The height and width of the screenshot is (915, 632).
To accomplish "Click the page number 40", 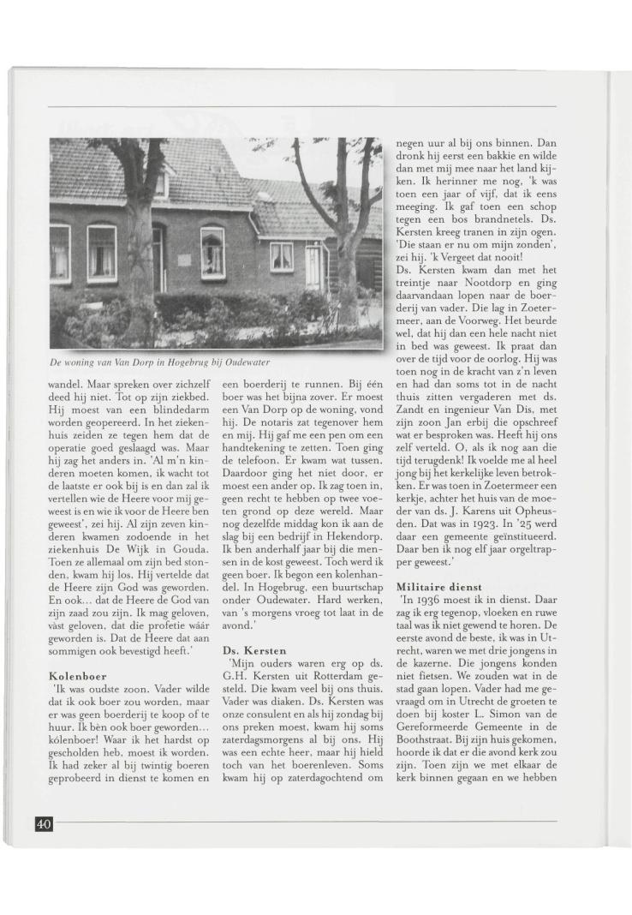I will pos(44,823).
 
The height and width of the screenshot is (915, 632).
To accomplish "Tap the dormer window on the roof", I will pos(160,183).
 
